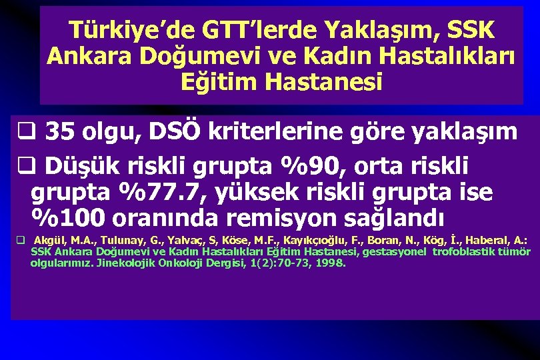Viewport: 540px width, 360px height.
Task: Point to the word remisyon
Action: (x=276, y=218)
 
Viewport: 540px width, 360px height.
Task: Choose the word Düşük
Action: (x=78, y=165)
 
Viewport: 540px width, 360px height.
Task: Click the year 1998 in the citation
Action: (x=332, y=263)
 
